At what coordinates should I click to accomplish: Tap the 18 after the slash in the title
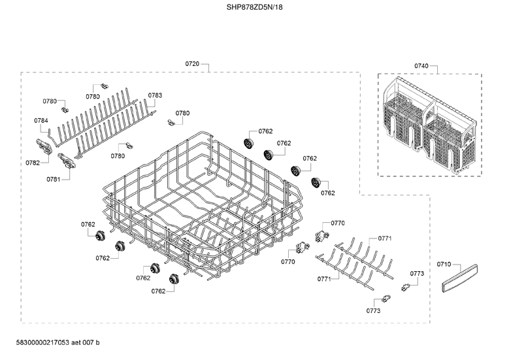pos(280,7)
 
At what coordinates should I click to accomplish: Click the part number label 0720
pos(192,64)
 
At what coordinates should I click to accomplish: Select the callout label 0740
pos(421,66)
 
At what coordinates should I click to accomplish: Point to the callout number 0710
pos(444,264)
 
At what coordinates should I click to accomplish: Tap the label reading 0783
pos(155,95)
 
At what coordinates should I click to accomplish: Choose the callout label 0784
pos(41,121)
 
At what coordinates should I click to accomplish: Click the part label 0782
pos(33,163)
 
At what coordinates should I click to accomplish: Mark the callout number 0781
pos(53,180)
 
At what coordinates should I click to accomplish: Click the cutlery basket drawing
pos(430,125)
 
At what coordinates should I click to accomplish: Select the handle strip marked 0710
pos(459,278)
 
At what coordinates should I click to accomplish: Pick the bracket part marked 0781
pos(67,160)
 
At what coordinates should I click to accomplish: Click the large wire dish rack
pos(203,208)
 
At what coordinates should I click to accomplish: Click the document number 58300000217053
pos(42,342)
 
